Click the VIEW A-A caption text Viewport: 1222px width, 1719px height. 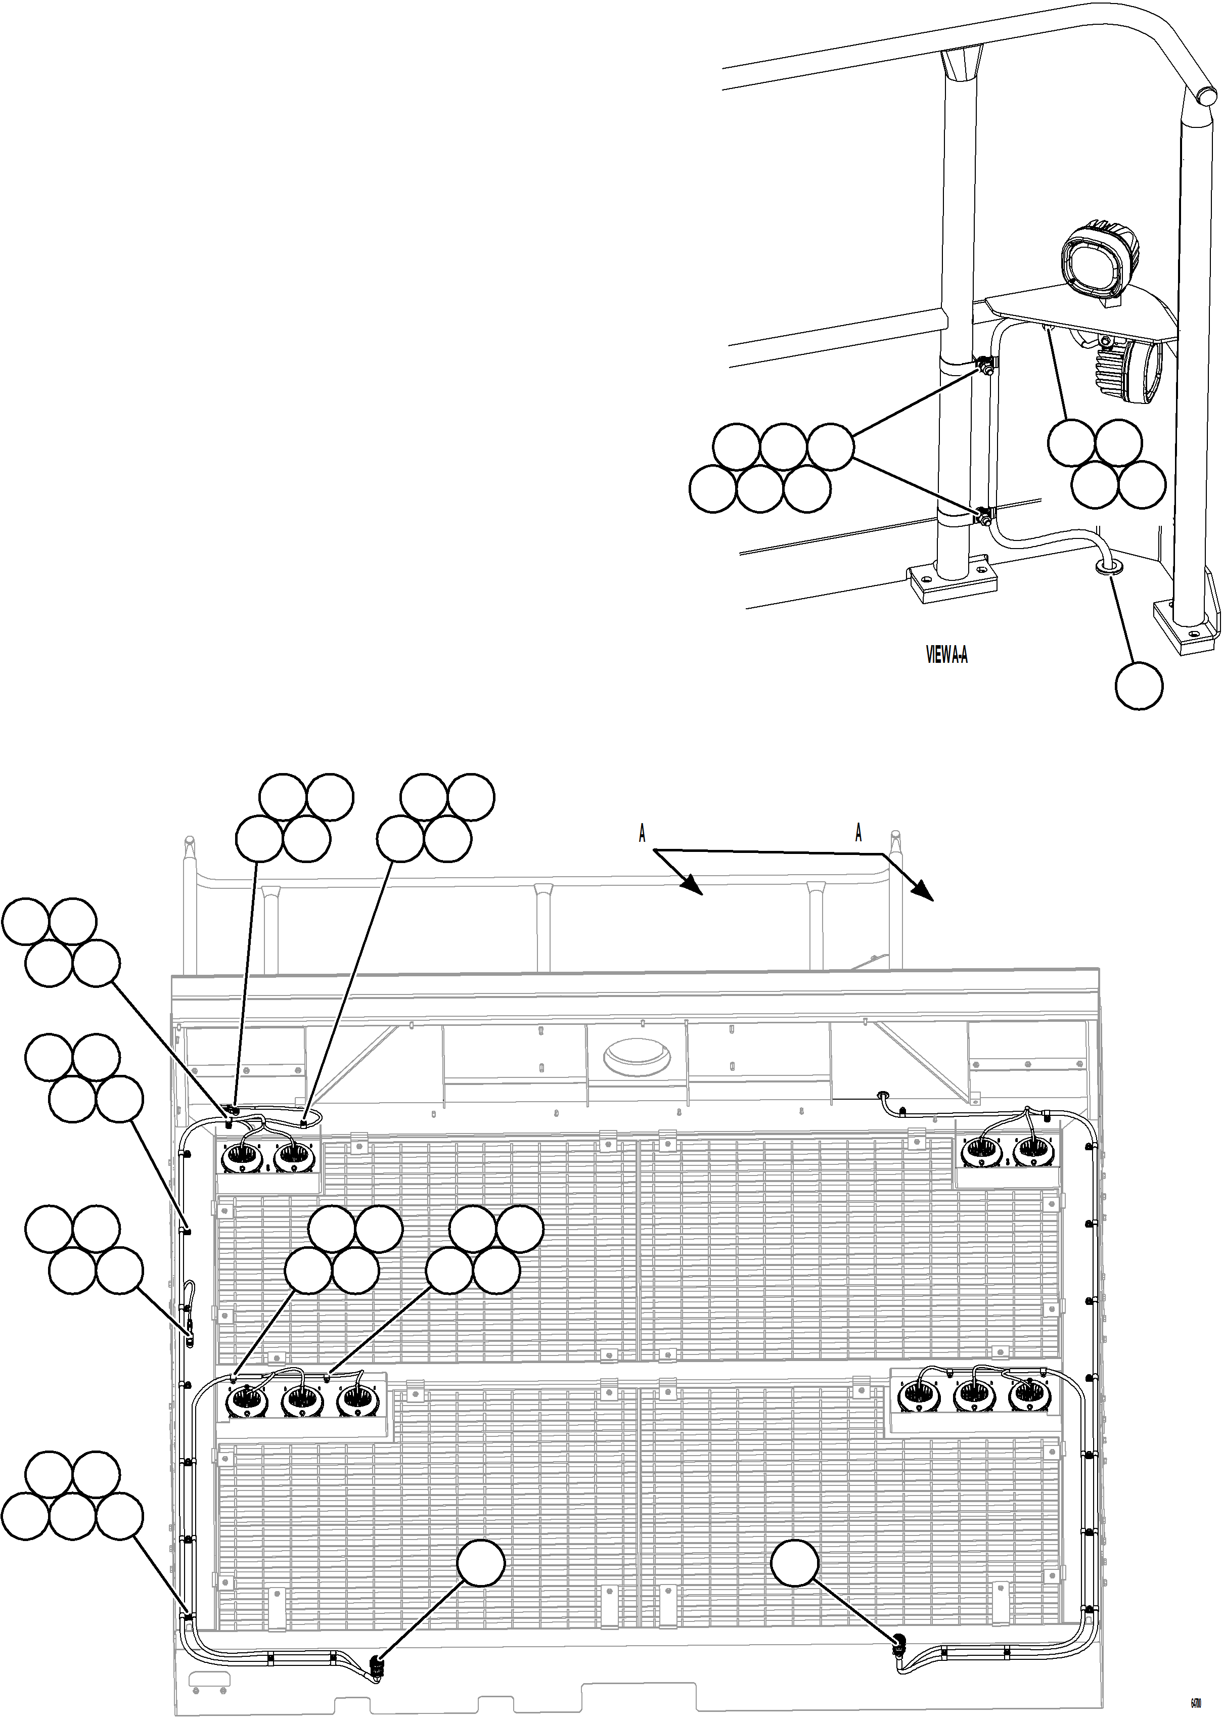(946, 655)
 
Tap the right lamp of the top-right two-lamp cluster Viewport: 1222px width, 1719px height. (1031, 1149)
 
